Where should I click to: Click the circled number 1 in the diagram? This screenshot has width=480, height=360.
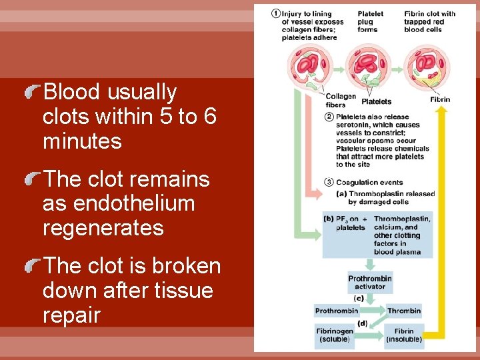tap(276, 13)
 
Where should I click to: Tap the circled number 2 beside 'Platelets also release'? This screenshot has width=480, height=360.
tap(330, 117)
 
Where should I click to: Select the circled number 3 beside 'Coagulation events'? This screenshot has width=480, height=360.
tap(330, 182)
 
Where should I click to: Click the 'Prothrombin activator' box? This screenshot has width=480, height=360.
tap(370, 283)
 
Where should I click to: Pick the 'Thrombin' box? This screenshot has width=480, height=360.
tap(404, 311)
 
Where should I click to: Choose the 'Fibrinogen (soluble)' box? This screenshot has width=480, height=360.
tap(334, 335)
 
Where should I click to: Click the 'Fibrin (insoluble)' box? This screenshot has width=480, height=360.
tap(404, 335)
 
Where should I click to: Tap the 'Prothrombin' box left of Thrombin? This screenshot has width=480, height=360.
tap(336, 311)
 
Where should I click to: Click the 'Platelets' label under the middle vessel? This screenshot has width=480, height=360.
tap(376, 101)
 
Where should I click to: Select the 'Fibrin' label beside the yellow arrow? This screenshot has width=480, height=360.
tap(440, 99)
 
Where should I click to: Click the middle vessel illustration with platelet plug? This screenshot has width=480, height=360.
tap(369, 67)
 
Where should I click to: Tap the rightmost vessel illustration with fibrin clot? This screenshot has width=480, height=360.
tap(427, 67)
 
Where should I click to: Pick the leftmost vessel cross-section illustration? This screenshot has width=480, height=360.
tap(310, 67)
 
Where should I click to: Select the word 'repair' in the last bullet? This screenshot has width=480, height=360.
tap(71, 315)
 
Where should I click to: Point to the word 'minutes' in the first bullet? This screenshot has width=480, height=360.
tap(82, 141)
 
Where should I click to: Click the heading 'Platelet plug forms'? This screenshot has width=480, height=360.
tap(371, 21)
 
